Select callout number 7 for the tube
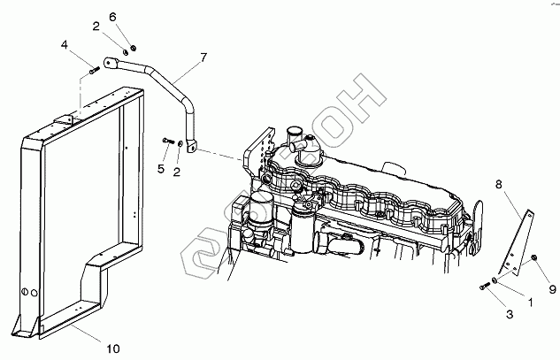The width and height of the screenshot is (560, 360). [203, 57]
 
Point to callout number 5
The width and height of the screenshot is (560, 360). [162, 168]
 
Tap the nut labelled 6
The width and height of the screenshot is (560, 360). [132, 46]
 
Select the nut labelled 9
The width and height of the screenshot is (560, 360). [535, 259]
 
